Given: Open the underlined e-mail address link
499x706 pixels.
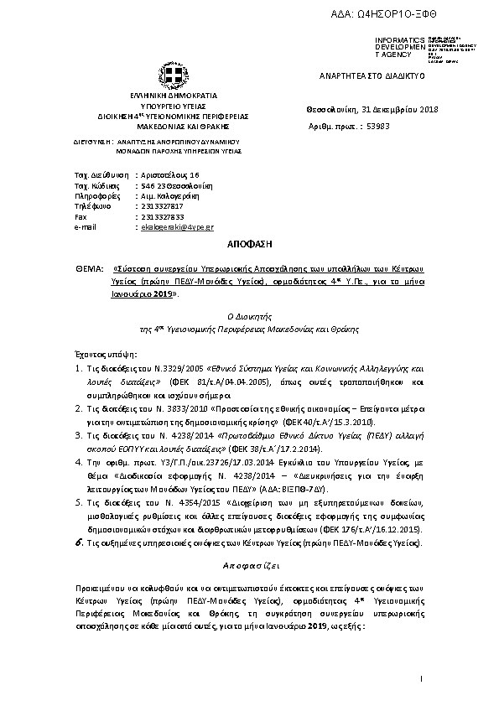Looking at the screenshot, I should tap(177, 227).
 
